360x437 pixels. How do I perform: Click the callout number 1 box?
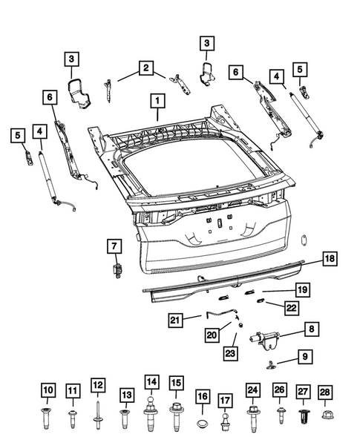coord(157,99)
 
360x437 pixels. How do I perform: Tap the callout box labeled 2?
coord(145,70)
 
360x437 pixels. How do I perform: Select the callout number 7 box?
coord(115,245)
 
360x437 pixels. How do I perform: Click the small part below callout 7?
coord(117,271)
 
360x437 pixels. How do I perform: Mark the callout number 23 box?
coord(231,355)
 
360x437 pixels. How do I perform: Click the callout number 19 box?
coord(301,289)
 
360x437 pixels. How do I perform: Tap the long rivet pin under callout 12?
coord(97,414)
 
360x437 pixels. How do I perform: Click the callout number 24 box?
coord(253,390)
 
